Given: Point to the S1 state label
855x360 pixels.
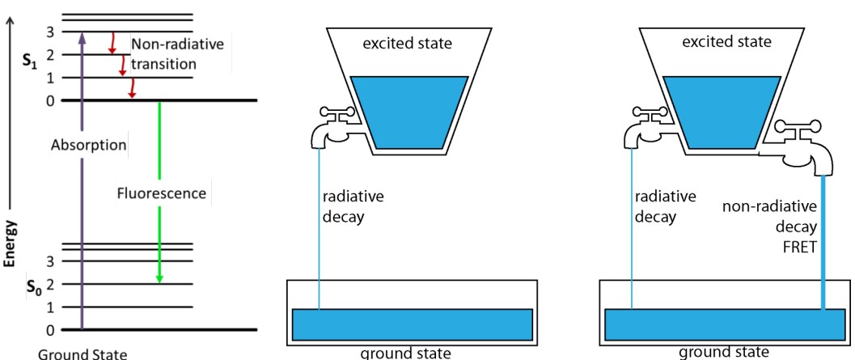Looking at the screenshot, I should (x=30, y=58).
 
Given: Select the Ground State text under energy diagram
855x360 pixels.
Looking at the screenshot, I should (x=65, y=353).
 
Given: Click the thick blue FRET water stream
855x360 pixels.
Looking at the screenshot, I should (x=823, y=243).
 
